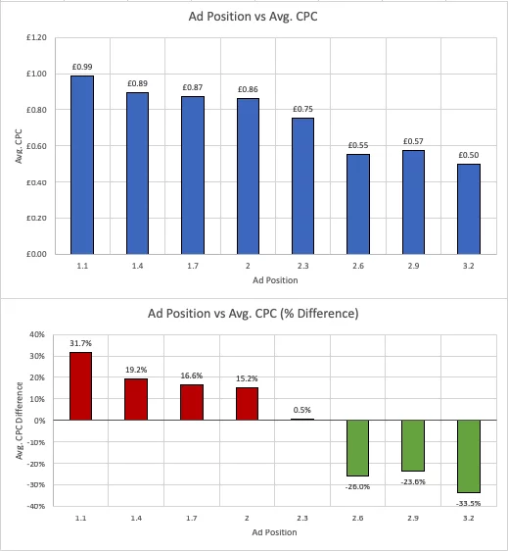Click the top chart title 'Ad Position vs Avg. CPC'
point(254,16)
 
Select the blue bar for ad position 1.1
point(81,165)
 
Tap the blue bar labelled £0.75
point(302,186)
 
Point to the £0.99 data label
point(81,67)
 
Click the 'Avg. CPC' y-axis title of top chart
point(17,145)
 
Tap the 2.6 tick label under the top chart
point(359,265)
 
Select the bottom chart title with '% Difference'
point(254,314)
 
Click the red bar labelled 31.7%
point(81,386)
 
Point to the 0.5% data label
point(303,410)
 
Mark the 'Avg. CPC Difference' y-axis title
point(17,420)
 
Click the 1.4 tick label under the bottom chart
point(137,518)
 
